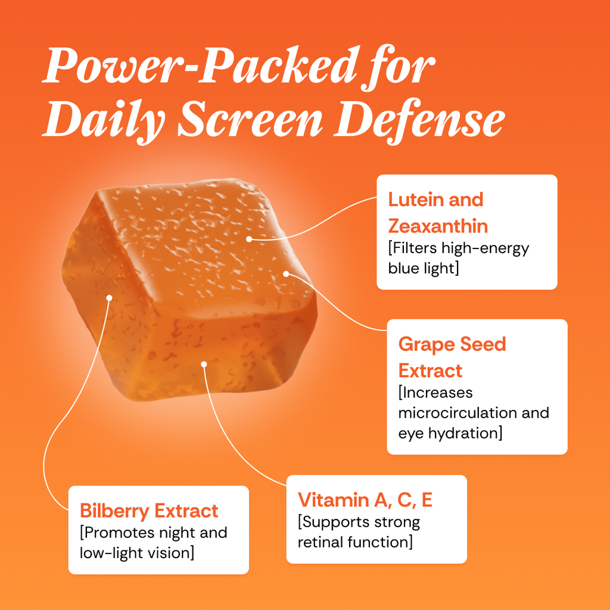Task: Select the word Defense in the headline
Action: click(x=419, y=119)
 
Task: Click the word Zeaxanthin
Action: click(x=438, y=226)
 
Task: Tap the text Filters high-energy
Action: click(x=459, y=249)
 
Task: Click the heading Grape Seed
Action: click(x=452, y=345)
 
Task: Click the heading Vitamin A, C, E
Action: click(x=365, y=500)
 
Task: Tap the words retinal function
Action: click(x=355, y=542)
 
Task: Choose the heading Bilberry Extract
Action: click(x=149, y=511)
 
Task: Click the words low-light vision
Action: click(x=136, y=553)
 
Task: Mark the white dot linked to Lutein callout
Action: click(x=250, y=239)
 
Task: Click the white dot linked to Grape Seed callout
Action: click(x=286, y=274)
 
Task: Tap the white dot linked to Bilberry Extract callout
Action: click(x=110, y=298)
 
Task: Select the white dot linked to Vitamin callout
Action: click(x=204, y=364)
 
